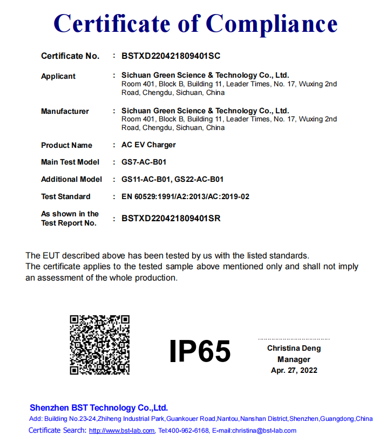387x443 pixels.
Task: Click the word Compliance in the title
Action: click(x=272, y=24)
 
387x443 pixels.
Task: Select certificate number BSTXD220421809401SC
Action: click(x=171, y=56)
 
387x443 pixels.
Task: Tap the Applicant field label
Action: click(x=58, y=76)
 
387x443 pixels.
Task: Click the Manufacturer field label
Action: click(x=65, y=111)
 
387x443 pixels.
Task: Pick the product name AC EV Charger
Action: click(x=148, y=145)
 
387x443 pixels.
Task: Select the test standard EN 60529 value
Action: click(x=185, y=196)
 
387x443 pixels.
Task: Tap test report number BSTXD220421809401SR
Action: click(x=171, y=219)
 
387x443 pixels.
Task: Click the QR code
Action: click(x=100, y=345)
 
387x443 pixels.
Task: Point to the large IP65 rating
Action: click(x=200, y=351)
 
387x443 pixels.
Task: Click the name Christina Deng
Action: click(x=294, y=348)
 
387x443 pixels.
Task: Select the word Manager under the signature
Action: click(x=294, y=359)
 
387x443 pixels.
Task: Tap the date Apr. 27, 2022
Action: click(x=294, y=370)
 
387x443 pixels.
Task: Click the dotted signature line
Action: click(x=294, y=339)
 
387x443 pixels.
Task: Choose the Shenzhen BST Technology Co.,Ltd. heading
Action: click(x=99, y=407)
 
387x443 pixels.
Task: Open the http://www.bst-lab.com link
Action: click(x=122, y=431)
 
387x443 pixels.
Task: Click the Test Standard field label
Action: click(x=65, y=196)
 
